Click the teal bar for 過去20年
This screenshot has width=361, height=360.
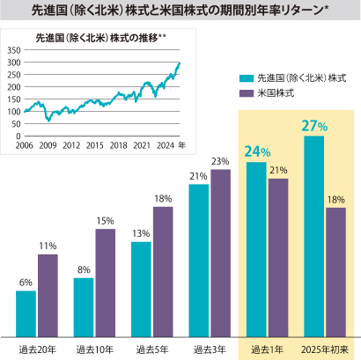click(26, 313)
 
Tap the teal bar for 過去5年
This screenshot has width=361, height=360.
click(141, 289)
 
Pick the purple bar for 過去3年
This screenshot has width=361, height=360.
click(220, 253)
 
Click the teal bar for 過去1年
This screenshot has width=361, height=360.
click(256, 249)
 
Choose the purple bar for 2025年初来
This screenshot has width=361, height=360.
click(335, 272)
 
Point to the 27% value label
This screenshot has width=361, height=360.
click(314, 127)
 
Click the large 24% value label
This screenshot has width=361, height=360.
click(257, 151)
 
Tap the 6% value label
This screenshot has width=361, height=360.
click(26, 283)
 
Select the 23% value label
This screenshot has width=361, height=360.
click(220, 161)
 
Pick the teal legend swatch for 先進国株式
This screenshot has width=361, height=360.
click(246, 77)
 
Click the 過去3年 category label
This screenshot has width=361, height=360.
click(210, 349)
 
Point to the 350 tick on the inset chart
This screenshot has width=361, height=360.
click(13, 51)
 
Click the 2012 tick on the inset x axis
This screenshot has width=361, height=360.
click(73, 145)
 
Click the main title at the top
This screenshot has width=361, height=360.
click(180, 10)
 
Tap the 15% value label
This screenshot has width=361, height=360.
click(105, 221)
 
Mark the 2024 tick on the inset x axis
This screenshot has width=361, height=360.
click(162, 145)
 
